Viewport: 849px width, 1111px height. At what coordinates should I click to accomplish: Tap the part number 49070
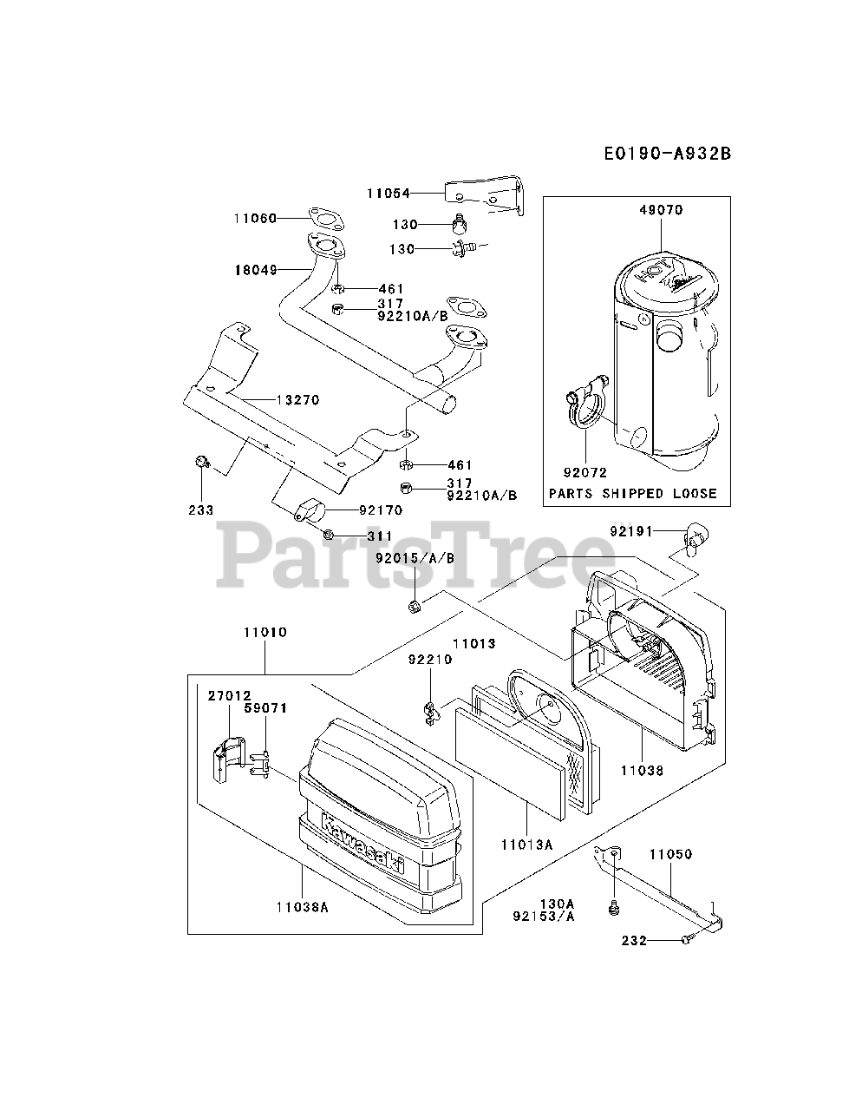tap(662, 209)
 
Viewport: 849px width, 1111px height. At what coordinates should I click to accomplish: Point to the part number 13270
tap(297, 400)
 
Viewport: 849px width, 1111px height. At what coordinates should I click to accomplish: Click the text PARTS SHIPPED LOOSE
tap(633, 493)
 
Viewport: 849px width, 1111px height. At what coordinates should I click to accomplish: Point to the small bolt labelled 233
tap(200, 463)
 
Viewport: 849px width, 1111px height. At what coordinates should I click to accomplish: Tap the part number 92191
tap(631, 530)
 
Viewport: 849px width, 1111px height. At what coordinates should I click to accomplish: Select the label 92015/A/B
tap(415, 558)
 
